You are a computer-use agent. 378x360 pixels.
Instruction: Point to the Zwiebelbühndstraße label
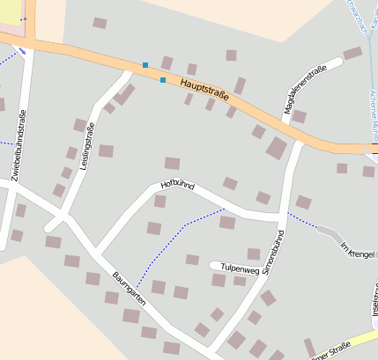tap(19, 145)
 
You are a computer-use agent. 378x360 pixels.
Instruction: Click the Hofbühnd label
tap(176, 185)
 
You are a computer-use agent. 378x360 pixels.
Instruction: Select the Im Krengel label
tap(358, 248)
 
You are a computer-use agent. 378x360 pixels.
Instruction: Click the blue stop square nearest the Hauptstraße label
tap(163, 80)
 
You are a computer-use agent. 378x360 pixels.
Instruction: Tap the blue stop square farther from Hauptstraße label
tap(145, 64)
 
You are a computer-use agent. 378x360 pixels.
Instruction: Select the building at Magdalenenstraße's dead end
tap(352, 53)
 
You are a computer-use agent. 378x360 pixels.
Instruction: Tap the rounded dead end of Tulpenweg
tap(212, 265)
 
